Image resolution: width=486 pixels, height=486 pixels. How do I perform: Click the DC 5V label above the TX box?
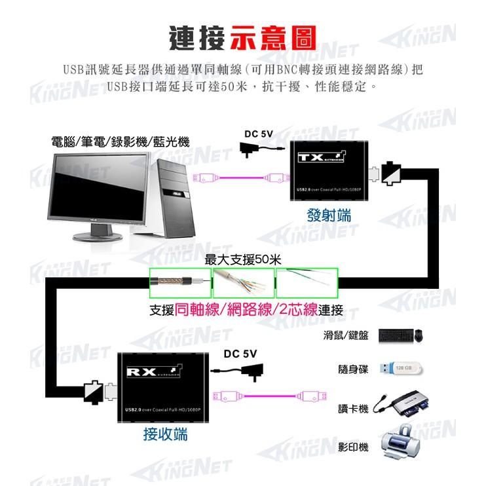pyautogui.click(x=258, y=134)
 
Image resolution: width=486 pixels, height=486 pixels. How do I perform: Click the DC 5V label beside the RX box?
pyautogui.click(x=240, y=354)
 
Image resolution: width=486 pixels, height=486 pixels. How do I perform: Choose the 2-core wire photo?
pyautogui.click(x=306, y=283)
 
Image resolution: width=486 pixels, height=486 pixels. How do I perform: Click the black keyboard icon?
pyautogui.click(x=394, y=336)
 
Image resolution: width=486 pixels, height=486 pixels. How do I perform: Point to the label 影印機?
pyautogui.click(x=353, y=447)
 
